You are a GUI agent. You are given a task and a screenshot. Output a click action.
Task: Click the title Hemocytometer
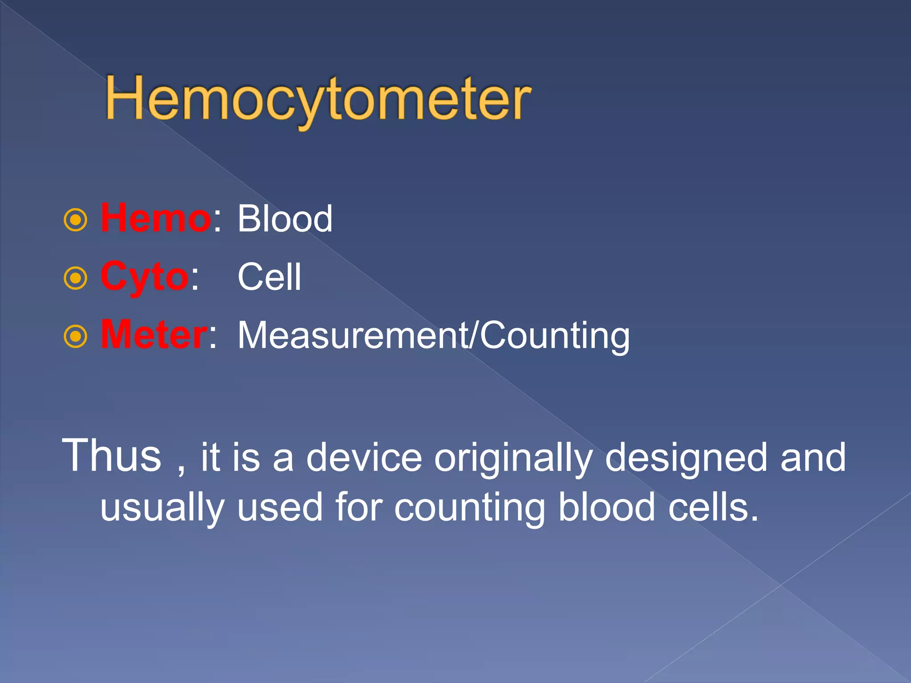(x=318, y=99)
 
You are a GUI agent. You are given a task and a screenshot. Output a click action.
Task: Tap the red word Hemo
(x=156, y=218)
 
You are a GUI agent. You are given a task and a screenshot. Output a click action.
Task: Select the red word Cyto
(x=145, y=277)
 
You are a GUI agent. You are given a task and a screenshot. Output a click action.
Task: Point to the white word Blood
(x=285, y=219)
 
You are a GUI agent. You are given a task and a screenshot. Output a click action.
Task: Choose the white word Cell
(x=270, y=277)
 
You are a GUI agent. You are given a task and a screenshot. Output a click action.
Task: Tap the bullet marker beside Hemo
(x=76, y=220)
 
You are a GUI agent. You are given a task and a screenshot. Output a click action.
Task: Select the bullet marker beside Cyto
(x=76, y=278)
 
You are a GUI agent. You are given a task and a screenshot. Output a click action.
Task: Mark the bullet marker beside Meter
(x=76, y=337)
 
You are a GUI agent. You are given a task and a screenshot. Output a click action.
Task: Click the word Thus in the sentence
(x=111, y=456)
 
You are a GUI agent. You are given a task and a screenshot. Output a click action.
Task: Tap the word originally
(x=513, y=458)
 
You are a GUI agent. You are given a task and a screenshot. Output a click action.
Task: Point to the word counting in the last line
(x=470, y=508)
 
